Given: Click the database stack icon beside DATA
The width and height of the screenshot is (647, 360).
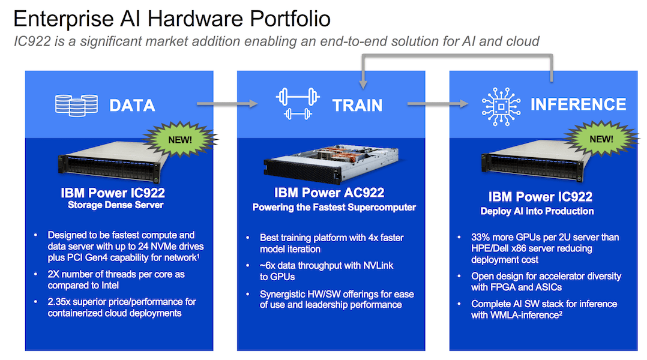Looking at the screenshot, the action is tap(76, 105).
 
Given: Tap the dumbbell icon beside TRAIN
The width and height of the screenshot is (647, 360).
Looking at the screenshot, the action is tap(298, 104).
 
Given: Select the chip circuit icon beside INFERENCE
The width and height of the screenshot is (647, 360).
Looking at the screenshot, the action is tap(501, 106).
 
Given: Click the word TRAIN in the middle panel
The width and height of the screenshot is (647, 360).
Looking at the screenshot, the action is tap(357, 106).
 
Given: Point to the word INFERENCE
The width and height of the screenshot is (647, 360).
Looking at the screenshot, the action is tap(578, 104).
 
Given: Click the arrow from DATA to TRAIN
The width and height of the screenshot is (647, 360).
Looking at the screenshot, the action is tap(227, 104).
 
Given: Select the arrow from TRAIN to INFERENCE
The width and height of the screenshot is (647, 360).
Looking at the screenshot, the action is tap(438, 104).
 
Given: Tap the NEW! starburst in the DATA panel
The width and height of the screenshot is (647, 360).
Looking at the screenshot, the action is tap(180, 139).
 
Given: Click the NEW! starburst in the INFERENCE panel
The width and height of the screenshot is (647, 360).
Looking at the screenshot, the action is tap(601, 139).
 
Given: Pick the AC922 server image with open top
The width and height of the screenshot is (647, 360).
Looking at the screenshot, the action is tap(331, 164).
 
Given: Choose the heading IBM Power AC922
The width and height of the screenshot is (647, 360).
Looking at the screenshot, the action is tap(330, 193).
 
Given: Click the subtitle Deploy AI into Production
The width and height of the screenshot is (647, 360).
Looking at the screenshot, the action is tap(537, 211).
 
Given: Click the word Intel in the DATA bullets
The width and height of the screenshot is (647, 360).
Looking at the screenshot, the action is tap(109, 286).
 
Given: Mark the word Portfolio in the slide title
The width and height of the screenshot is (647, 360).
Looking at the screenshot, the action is tap(290, 19).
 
